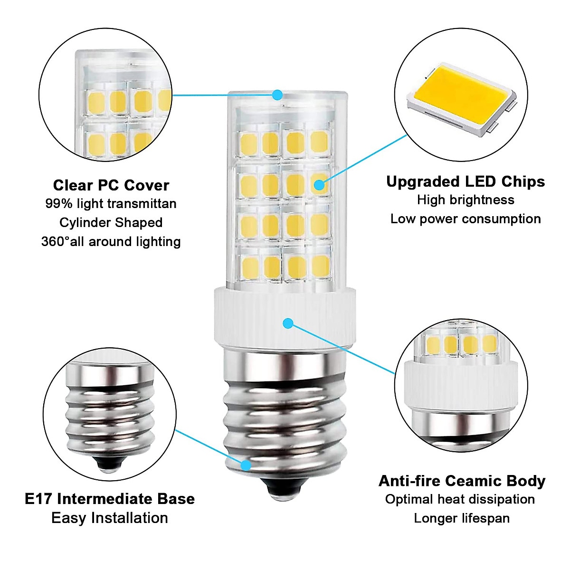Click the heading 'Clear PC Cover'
111,185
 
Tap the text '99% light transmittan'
111,204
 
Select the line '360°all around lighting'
111,242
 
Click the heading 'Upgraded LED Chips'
465,181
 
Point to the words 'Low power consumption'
465,219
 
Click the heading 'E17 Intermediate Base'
110,499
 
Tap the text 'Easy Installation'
110,518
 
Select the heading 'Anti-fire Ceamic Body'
462,481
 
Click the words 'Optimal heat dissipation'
460,499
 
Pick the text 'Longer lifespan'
462,518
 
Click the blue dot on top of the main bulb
277,95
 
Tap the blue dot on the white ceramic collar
287,323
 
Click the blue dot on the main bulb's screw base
246,465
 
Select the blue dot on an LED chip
320,184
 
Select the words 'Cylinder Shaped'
111,223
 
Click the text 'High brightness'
465,200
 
